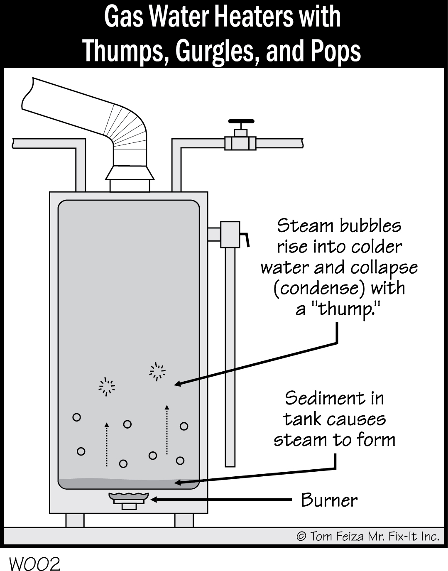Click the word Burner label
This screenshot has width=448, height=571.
click(x=329, y=500)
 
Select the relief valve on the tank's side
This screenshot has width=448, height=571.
click(x=230, y=235)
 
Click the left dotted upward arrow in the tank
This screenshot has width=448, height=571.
click(x=107, y=444)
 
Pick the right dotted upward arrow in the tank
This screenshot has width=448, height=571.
click(x=167, y=430)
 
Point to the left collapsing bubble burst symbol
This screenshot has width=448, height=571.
click(x=107, y=387)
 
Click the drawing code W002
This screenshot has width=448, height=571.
click(x=35, y=564)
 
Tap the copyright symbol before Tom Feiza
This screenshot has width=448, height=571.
click(x=301, y=537)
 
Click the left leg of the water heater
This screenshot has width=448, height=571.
click(x=75, y=520)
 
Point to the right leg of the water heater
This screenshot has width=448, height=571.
click(x=184, y=520)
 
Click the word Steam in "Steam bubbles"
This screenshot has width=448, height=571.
click(x=305, y=226)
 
